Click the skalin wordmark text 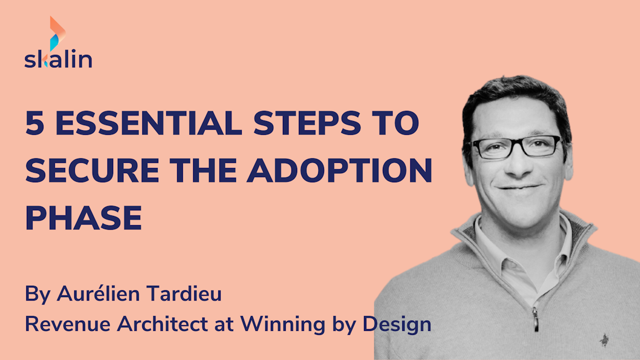click(58, 59)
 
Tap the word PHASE click(83, 219)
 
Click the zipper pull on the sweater click(535, 318)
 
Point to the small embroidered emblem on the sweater click(603, 341)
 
